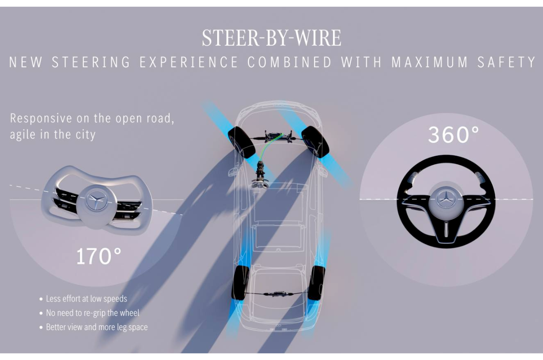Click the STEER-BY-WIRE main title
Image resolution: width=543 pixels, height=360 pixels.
tap(271, 38)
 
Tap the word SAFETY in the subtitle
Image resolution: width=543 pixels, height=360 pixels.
tap(506, 62)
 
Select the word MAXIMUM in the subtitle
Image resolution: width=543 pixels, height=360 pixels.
tap(429, 62)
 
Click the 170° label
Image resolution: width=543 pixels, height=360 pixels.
tap(99, 256)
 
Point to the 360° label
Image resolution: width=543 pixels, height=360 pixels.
tap(453, 134)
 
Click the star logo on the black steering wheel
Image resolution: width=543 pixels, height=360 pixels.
tap(446, 199)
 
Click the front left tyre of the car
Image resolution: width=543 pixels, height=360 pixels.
tap(242, 142)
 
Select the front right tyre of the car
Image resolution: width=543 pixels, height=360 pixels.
tap(315, 142)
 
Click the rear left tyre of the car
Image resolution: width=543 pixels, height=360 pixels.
tap(240, 283)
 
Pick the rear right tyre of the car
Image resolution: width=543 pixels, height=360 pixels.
tap(317, 283)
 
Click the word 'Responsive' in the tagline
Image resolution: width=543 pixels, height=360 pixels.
tap(41, 119)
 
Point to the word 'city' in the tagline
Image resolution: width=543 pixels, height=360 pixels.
tap(86, 134)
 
